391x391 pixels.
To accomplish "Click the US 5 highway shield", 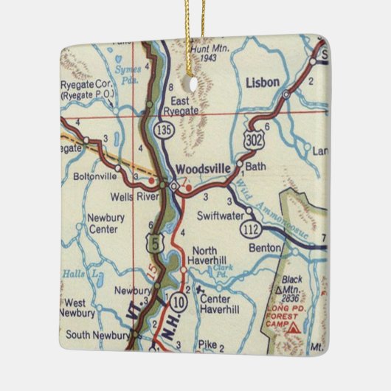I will pyautogui.click(x=152, y=240).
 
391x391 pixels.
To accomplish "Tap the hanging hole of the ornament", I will pyautogui.click(x=195, y=83).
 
